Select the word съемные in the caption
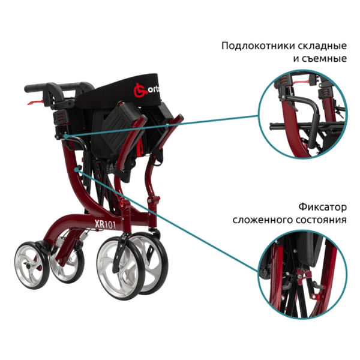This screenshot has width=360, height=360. click(x=325, y=59)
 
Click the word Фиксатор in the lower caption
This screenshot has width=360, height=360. click(x=323, y=207)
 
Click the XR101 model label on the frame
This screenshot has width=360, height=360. click(x=106, y=224)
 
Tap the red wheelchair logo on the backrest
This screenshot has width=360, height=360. click(x=140, y=90)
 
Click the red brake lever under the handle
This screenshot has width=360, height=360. click(x=35, y=102)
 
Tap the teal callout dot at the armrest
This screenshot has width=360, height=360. click(x=65, y=136)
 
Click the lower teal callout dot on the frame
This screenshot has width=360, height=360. click(x=76, y=169)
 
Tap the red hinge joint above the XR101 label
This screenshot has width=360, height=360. click(x=124, y=205)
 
